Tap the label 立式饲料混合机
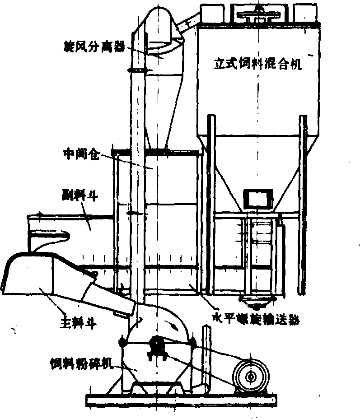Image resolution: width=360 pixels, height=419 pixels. (x=257, y=63)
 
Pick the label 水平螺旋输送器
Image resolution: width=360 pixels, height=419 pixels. (x=256, y=319)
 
